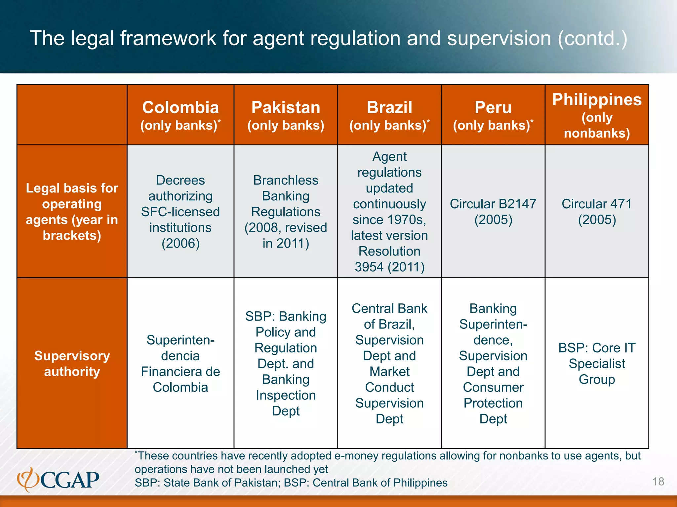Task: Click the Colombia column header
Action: coord(180,115)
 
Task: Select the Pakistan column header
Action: coord(286,115)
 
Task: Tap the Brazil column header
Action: coord(389,115)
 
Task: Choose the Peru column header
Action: coord(493,115)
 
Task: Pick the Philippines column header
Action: coord(597,115)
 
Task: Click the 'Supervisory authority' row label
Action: coord(72,363)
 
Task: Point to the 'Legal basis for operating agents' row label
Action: coord(72,212)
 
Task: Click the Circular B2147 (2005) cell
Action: coord(493,212)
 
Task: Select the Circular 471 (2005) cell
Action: coord(597,212)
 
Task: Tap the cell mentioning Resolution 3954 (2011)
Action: coord(389,212)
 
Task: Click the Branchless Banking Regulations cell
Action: coord(286,212)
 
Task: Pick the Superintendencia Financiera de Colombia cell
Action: coord(180,363)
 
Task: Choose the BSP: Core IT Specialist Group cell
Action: coord(597,363)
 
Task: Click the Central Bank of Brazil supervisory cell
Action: coord(389,363)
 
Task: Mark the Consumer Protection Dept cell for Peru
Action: coord(493,363)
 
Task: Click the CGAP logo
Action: coord(59,480)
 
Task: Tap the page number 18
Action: coord(658,482)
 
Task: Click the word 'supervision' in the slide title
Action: coord(499,38)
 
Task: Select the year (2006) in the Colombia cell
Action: coord(180,244)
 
